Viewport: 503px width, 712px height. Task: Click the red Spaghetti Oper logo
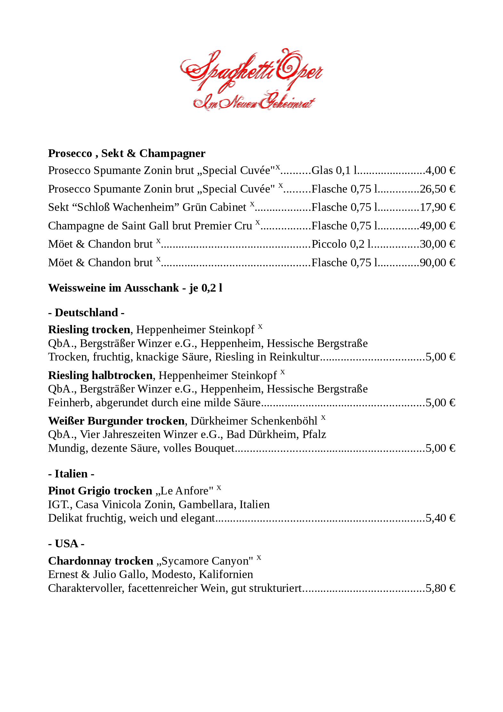click(x=251, y=80)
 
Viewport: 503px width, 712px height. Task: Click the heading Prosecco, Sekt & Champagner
click(x=126, y=153)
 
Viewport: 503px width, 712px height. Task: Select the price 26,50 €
click(x=437, y=189)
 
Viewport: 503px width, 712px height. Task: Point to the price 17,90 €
click(x=437, y=207)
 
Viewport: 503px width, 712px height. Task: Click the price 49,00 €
click(x=437, y=226)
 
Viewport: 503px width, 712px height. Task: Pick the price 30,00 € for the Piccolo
click(x=437, y=244)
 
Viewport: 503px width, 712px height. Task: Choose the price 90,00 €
click(x=437, y=263)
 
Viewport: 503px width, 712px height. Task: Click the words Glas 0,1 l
click(x=334, y=170)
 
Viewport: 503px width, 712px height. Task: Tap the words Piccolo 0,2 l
click(x=341, y=244)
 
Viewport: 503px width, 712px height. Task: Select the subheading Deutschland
click(x=86, y=313)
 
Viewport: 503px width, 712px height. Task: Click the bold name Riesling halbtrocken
click(x=100, y=375)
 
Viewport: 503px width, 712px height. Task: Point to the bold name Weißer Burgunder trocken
click(x=116, y=421)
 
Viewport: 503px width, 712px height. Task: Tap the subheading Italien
click(x=71, y=474)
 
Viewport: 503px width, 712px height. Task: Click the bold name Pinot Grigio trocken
click(x=100, y=491)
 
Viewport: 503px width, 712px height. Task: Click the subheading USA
click(x=66, y=544)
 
